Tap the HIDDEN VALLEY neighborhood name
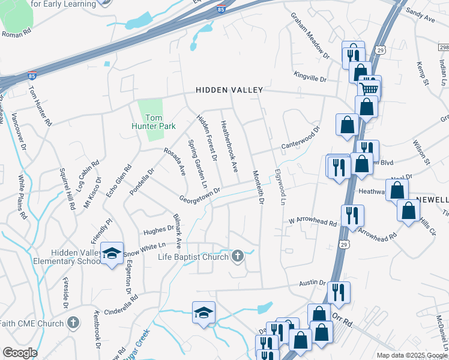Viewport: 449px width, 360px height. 229,90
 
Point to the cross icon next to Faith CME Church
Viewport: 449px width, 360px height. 73,323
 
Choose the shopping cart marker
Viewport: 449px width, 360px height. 369,88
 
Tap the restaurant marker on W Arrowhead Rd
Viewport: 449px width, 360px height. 352,215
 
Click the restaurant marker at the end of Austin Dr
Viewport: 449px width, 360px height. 339,292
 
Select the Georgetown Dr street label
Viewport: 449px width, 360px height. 200,194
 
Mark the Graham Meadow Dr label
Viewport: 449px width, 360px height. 310,35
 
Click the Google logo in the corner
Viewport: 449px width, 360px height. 20,353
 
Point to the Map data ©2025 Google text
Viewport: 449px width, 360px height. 412,355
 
